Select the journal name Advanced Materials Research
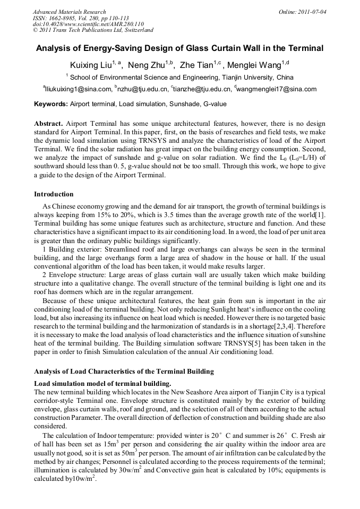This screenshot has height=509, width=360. [x=69, y=12]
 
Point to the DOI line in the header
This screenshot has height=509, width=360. [x=88, y=24]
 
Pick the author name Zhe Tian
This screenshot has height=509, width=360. [x=197, y=66]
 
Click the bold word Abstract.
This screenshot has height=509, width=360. [x=49, y=123]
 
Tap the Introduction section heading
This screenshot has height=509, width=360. [x=54, y=194]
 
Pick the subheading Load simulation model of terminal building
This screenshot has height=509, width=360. [x=102, y=383]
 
